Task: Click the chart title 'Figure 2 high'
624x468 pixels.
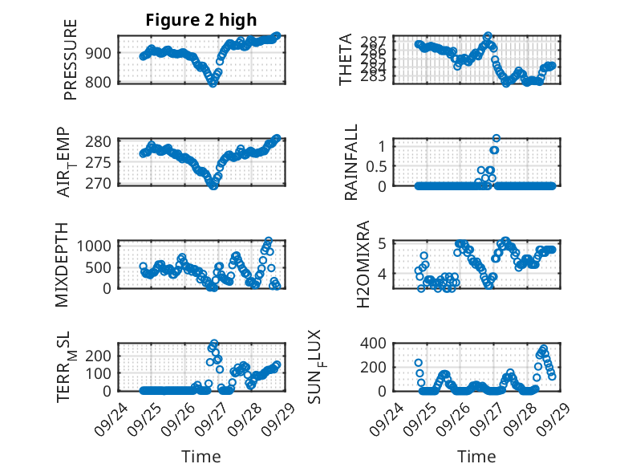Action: click(x=201, y=20)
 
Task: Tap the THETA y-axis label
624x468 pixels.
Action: click(x=346, y=59)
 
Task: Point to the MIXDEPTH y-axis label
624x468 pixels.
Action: click(x=63, y=264)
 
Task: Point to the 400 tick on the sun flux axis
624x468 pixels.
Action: click(x=376, y=343)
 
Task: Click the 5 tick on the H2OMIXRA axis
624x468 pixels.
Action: click(x=383, y=243)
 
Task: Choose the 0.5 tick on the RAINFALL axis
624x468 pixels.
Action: click(x=379, y=165)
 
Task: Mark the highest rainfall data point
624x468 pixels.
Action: click(x=496, y=138)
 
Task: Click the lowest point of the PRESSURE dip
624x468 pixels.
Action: click(x=213, y=83)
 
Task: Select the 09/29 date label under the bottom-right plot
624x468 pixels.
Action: click(x=549, y=414)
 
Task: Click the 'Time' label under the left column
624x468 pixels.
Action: click(x=201, y=456)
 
